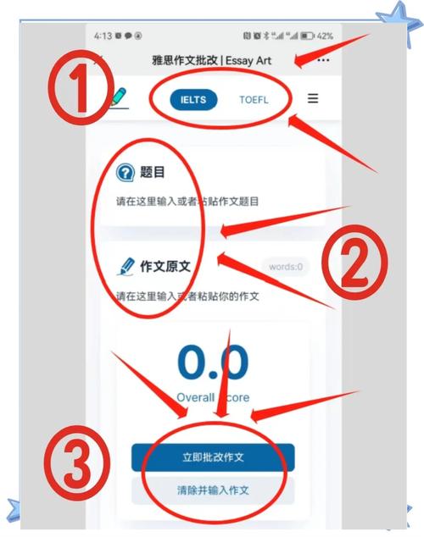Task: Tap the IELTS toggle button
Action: click(x=194, y=99)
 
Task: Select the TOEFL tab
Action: click(x=253, y=99)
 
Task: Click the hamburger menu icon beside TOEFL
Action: click(x=313, y=98)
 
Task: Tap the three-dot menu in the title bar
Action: click(x=323, y=60)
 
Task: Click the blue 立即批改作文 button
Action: click(x=213, y=457)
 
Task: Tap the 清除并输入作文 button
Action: click(x=213, y=490)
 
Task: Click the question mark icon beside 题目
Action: click(x=126, y=172)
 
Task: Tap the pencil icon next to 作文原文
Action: click(x=126, y=267)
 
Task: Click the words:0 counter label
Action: click(x=287, y=268)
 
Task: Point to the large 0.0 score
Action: click(x=213, y=362)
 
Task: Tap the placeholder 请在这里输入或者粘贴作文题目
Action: click(x=187, y=202)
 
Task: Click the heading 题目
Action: click(x=153, y=173)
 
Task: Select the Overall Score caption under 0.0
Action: click(x=213, y=397)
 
